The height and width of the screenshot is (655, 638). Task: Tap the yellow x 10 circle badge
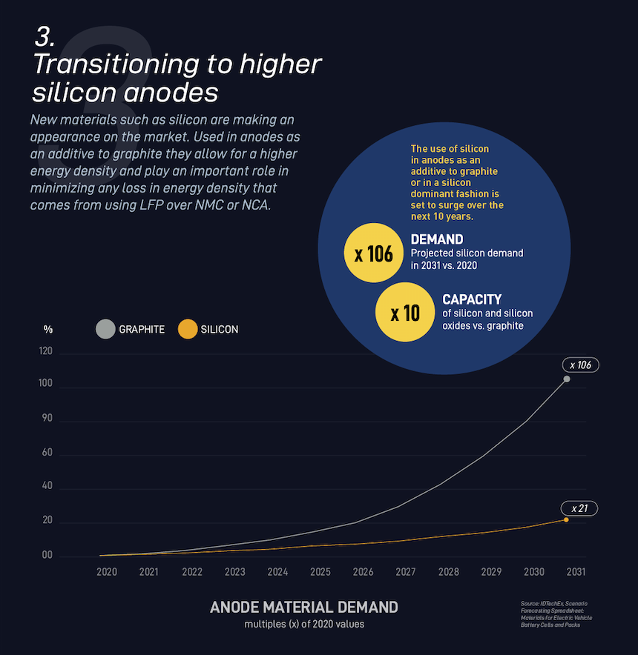[405, 313]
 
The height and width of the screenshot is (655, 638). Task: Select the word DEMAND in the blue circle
[437, 239]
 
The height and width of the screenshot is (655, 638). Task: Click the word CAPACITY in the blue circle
[472, 299]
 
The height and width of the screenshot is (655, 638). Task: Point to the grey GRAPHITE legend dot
[105, 329]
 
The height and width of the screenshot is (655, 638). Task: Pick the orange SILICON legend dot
[188, 329]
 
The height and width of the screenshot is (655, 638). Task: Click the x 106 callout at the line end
[579, 365]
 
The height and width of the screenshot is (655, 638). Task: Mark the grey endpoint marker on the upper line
[567, 379]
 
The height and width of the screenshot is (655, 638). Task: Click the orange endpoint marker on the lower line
[566, 519]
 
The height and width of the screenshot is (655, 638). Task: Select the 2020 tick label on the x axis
[107, 572]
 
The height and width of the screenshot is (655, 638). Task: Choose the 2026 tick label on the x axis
[363, 572]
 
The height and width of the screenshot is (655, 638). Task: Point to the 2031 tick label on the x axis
[576, 572]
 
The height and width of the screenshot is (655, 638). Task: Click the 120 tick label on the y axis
[46, 353]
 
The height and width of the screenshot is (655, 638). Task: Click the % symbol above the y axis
[48, 329]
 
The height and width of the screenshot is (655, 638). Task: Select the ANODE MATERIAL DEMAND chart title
[304, 607]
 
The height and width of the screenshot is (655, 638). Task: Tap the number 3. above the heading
[45, 39]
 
